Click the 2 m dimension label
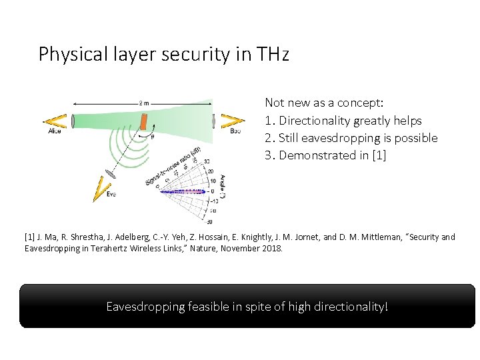(144, 103)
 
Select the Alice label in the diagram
(54, 131)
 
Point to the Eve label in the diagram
(111, 194)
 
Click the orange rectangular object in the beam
(143, 123)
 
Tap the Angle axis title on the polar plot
(222, 185)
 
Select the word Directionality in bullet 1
(315, 121)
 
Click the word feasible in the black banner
(210, 307)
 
